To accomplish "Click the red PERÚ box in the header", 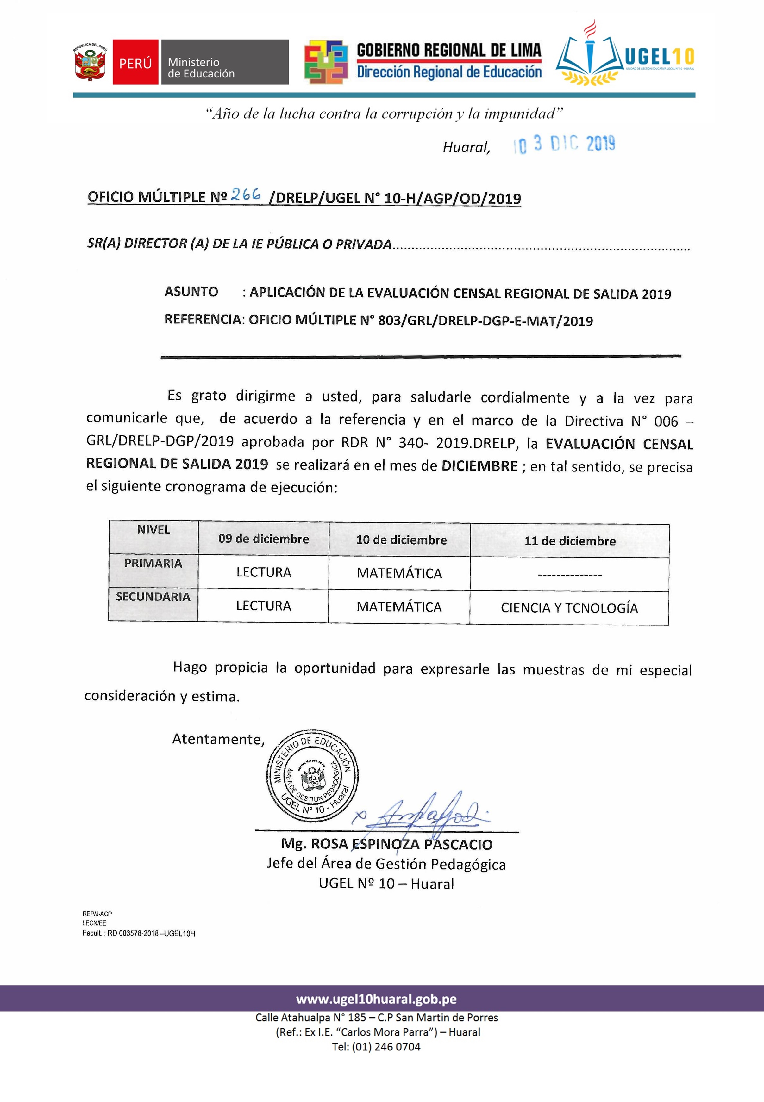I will pos(135,62).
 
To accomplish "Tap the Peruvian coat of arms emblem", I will pos(90,62).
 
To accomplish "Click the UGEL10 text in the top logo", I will pos(659,58).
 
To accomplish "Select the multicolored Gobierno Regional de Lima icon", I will pos(326,62).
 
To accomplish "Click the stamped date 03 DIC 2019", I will pos(564,144).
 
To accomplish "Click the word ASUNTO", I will pos(191,292).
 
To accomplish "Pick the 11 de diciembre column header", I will pos(570,541).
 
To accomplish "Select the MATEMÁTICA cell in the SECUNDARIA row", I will pos(399,607).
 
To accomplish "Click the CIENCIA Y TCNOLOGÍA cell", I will pos(569,608).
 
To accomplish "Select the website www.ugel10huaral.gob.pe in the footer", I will pos(376,999).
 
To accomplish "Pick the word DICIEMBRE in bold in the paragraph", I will pos(479,466).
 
